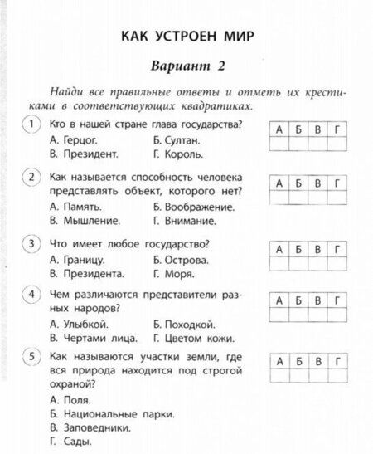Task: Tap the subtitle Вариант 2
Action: pos(187,66)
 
